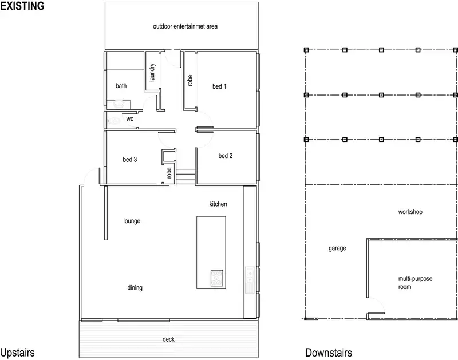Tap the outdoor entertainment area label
tap(185, 26)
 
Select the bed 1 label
tap(220, 87)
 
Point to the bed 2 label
tap(226, 156)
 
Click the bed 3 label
tap(130, 160)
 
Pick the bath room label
tap(121, 86)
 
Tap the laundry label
tap(152, 73)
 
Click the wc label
tap(130, 119)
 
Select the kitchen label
tap(218, 204)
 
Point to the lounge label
tap(132, 221)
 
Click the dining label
tap(135, 288)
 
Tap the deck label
tap(168, 339)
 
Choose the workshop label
tap(410, 212)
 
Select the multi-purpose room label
tap(411, 283)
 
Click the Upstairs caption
tap(18, 353)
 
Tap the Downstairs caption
tap(328, 353)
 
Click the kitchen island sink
tap(216, 278)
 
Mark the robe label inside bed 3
tap(169, 173)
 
